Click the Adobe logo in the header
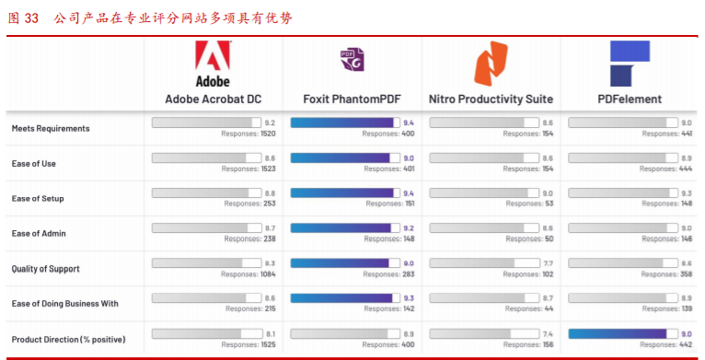click(x=213, y=64)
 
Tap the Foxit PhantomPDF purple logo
click(x=352, y=60)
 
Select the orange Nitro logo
click(x=491, y=64)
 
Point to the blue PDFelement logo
click(x=630, y=64)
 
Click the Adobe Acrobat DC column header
click(x=213, y=99)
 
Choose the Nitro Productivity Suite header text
click(x=491, y=99)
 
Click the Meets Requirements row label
click(x=51, y=128)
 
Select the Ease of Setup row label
click(x=38, y=199)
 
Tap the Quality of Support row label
click(x=46, y=269)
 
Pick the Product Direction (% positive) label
click(x=68, y=340)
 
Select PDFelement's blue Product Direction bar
click(x=618, y=333)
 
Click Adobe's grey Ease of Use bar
click(x=203, y=157)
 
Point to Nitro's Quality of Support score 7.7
click(x=548, y=263)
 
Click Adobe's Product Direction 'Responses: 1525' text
click(x=248, y=344)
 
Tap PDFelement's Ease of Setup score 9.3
click(x=686, y=192)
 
